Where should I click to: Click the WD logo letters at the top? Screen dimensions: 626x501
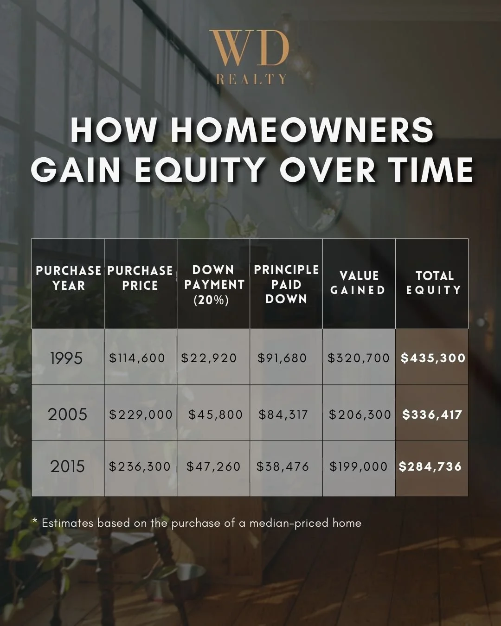[x=249, y=48]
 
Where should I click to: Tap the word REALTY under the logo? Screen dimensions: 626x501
[x=251, y=80]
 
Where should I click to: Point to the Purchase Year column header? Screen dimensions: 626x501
[x=68, y=278]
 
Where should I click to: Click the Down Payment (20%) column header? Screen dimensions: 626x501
[x=214, y=285]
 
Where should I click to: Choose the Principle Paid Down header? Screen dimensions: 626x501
[x=286, y=284]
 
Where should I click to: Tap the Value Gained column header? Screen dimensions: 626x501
[x=359, y=282]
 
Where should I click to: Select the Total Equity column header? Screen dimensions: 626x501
[x=433, y=282]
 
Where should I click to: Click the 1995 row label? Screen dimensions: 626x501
[x=66, y=358]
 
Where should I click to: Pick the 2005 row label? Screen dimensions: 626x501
[x=67, y=414]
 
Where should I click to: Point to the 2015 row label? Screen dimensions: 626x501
[x=67, y=466]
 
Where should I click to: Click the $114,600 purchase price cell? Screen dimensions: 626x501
[x=137, y=358]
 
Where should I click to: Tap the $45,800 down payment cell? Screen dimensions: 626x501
[x=215, y=415]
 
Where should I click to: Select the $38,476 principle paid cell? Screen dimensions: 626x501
[x=283, y=466]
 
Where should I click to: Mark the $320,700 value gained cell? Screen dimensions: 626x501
[x=359, y=358]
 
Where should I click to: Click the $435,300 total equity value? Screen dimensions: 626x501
[x=433, y=358]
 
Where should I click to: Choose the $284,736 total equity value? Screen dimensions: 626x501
[x=430, y=466]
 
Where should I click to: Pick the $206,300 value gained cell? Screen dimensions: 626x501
[x=360, y=415]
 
